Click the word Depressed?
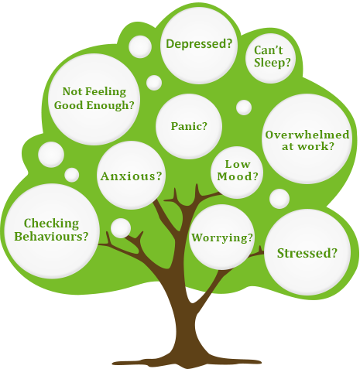coord(199,44)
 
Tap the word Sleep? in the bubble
coord(273,63)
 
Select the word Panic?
coord(189,126)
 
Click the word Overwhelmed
coord(307,135)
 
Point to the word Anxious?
coord(132,176)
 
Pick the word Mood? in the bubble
coord(238,176)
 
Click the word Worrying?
coord(222,238)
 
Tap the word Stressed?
coord(307,253)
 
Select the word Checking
coord(51,224)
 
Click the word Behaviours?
coord(51,236)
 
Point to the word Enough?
coord(111,105)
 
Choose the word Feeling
coord(106,92)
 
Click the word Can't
coord(269,50)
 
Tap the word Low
coord(238,164)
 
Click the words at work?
coord(308,146)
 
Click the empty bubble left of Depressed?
coord(140,46)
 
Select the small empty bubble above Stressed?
coord(279,199)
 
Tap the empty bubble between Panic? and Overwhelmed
coord(244,108)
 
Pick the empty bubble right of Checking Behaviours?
coord(121,228)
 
